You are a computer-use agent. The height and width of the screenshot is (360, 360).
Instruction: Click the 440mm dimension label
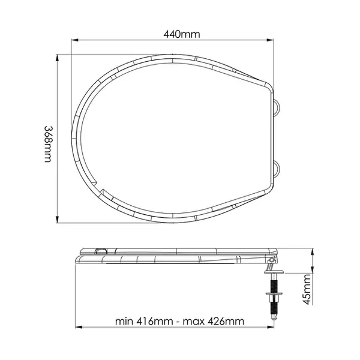[182, 34]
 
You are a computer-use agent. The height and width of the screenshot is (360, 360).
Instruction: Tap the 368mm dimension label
[49, 144]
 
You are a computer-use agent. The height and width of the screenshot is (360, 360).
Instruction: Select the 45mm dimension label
[307, 289]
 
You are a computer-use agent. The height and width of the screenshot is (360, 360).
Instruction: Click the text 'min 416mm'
[144, 321]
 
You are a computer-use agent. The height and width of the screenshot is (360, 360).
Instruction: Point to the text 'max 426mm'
[214, 321]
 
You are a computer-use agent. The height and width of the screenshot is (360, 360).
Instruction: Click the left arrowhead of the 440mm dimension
[75, 40]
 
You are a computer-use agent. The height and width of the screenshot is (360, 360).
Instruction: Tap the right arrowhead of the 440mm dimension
[270, 40]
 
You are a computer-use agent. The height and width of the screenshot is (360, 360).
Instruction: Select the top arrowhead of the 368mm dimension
[57, 58]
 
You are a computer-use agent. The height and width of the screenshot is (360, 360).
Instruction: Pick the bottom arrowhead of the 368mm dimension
[57, 219]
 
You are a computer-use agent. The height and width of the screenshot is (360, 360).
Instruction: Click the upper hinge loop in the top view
[277, 107]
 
